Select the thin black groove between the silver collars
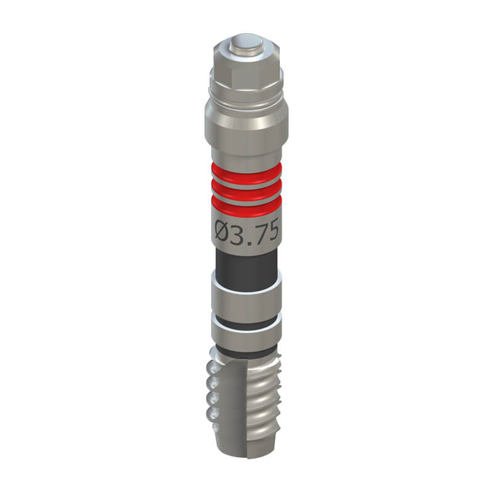coord(246,324)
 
